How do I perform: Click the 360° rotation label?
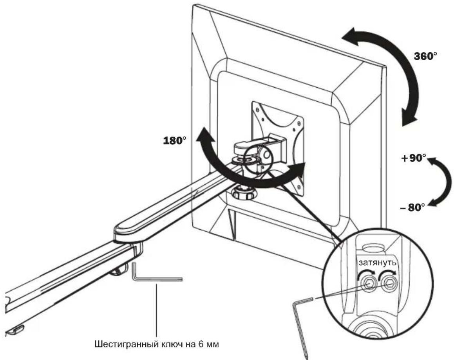(x=425, y=56)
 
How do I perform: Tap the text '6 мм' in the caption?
(x=209, y=345)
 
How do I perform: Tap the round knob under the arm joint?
(x=243, y=192)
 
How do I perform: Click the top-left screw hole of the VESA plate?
(x=256, y=109)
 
